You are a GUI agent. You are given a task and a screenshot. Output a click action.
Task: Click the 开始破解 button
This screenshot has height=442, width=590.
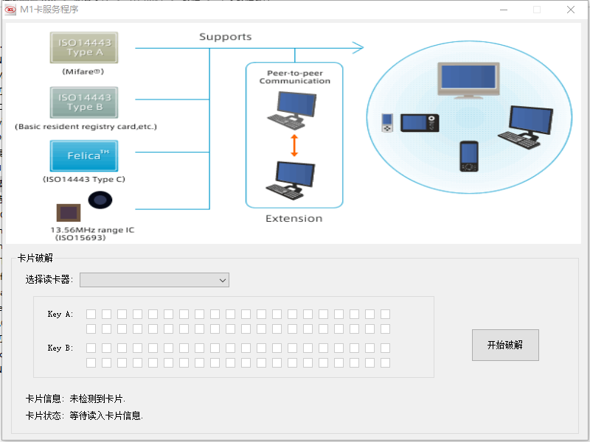[505, 345]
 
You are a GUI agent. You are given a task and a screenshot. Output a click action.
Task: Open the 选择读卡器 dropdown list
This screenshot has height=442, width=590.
[154, 280]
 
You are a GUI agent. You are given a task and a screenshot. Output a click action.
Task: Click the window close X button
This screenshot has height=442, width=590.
[570, 10]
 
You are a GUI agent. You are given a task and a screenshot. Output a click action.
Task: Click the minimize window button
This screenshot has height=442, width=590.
[504, 10]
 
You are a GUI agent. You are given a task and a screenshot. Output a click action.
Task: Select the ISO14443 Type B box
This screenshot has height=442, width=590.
[84, 102]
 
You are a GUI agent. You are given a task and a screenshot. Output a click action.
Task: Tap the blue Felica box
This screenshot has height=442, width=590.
[84, 156]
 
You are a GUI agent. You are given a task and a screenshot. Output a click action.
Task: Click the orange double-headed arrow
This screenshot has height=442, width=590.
[294, 145]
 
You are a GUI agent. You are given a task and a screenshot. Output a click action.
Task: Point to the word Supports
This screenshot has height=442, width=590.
[225, 37]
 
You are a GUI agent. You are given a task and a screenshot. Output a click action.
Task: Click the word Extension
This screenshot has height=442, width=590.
[294, 218]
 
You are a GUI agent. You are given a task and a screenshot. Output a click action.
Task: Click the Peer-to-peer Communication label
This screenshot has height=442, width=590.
[294, 77]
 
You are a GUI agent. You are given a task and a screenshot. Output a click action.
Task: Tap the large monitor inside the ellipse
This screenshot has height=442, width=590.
[468, 80]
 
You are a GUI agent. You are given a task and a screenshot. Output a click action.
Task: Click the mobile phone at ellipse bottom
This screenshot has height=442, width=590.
[469, 156]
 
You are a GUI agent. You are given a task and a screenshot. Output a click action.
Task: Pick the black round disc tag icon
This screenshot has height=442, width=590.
[100, 200]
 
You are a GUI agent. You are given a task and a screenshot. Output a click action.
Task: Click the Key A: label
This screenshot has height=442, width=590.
[60, 315]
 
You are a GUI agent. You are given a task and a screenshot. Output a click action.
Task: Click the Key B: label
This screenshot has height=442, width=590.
[60, 348]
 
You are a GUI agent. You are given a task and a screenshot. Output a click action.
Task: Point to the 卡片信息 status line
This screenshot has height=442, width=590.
[75, 399]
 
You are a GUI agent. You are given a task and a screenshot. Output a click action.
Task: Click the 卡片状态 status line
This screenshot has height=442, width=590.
[84, 415]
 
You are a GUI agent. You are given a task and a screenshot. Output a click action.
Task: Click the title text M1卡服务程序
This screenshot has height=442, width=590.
[49, 10]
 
